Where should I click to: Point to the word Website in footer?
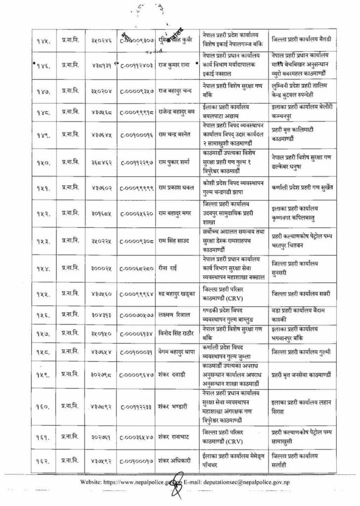pyautogui.click(x=91, y=482)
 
